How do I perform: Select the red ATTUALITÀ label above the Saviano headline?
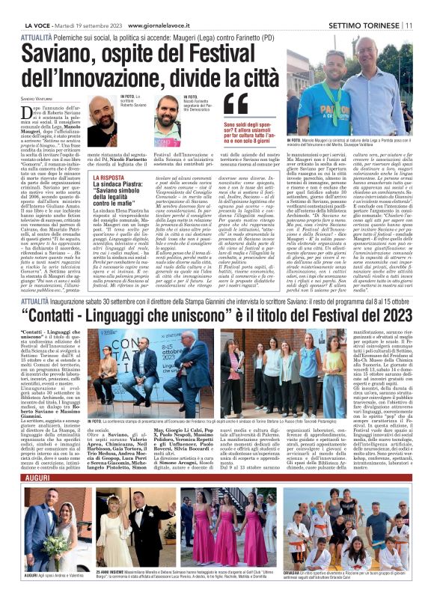tap(37, 35)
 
